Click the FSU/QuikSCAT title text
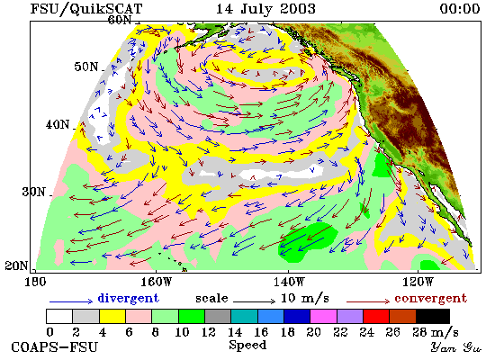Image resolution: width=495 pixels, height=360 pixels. pyautogui.click(x=86, y=9)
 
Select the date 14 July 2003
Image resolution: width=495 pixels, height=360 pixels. pyautogui.click(x=265, y=8)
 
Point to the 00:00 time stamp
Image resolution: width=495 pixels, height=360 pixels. pyautogui.click(x=460, y=8)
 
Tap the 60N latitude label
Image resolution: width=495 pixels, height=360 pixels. pyautogui.click(x=120, y=20)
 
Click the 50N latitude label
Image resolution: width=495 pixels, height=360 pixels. pyautogui.click(x=86, y=67)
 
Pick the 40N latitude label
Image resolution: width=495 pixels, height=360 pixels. pyautogui.click(x=58, y=124)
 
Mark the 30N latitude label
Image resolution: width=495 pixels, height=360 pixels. pyautogui.click(x=34, y=192)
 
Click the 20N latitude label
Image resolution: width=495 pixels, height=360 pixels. pyautogui.click(x=16, y=265)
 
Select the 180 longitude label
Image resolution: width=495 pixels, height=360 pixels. pyautogui.click(x=35, y=282)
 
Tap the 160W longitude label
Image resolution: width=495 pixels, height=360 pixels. pyautogui.click(x=156, y=282)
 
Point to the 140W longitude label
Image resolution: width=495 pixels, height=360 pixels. pyautogui.click(x=288, y=282)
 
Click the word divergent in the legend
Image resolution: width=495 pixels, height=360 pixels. pyautogui.click(x=128, y=298)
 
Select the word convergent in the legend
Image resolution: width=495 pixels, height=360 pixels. pyautogui.click(x=430, y=298)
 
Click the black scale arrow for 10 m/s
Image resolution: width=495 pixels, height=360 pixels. pyautogui.click(x=254, y=301)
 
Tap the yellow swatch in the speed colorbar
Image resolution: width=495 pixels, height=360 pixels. pyautogui.click(x=112, y=317)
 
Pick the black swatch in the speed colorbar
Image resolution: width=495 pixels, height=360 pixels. pyautogui.click(x=433, y=317)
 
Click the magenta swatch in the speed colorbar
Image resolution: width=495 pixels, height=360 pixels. pyautogui.click(x=323, y=317)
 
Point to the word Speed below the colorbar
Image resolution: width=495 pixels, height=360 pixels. pyautogui.click(x=247, y=345)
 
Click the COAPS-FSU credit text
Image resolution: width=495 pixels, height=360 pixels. pyautogui.click(x=54, y=347)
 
